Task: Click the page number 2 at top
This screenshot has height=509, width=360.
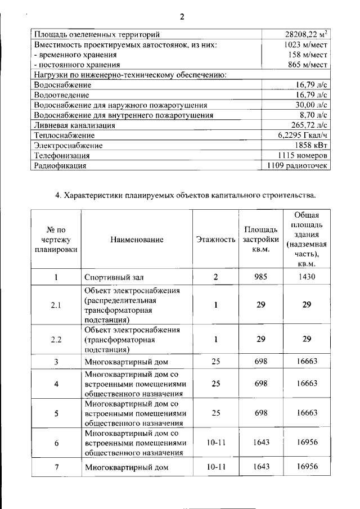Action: pos(182,16)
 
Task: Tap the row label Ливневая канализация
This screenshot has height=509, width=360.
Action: pos(75,125)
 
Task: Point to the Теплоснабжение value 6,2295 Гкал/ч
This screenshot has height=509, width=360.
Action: pos(303,136)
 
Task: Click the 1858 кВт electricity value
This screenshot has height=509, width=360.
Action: pos(310,146)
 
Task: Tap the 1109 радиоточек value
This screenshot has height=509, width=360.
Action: pos(298,165)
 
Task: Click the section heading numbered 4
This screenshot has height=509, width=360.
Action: pos(185,196)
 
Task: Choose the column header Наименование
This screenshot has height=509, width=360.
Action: pos(137,240)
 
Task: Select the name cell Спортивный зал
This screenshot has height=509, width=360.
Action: pos(111,277)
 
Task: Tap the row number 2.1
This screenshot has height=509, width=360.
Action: pos(56,305)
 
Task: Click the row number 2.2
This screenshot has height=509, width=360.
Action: pos(56,340)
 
